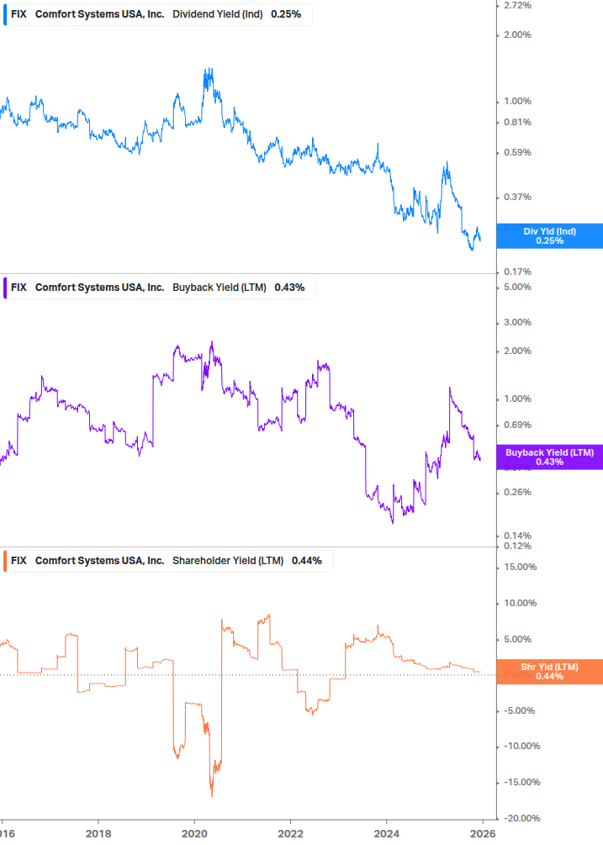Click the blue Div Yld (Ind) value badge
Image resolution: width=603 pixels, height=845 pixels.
(549, 235)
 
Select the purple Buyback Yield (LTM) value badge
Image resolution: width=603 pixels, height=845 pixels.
(549, 457)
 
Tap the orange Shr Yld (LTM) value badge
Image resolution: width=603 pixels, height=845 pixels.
(549, 671)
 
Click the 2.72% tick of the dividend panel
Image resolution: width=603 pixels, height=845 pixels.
(516, 6)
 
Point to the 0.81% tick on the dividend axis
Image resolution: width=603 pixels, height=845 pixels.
(516, 122)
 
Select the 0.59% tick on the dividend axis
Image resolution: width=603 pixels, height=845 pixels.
(516, 152)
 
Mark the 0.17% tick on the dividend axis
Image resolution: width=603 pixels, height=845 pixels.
(516, 272)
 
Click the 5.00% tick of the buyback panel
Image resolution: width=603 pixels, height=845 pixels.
(516, 287)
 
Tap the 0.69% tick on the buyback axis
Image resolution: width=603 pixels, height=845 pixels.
(516, 425)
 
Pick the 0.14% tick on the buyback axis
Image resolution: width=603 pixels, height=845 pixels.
(516, 536)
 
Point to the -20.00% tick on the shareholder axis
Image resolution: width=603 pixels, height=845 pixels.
(520, 818)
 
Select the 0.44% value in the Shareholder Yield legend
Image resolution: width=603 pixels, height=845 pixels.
(306, 561)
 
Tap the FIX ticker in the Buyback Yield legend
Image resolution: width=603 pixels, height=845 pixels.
(19, 288)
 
